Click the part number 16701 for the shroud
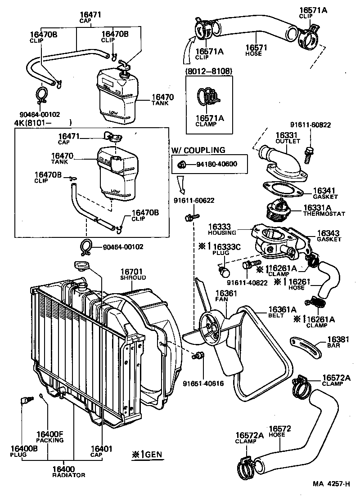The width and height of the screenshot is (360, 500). [x=131, y=272]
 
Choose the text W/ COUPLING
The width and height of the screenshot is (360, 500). [x=198, y=150]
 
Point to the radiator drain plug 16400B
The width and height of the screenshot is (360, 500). [x=25, y=400]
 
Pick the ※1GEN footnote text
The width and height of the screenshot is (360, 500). [x=146, y=454]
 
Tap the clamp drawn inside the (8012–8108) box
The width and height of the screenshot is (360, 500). [x=207, y=96]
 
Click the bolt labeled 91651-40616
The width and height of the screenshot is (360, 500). [x=196, y=357]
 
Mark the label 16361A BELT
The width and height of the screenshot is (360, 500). [x=282, y=312]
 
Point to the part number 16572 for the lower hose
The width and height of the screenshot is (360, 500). [x=280, y=429]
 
